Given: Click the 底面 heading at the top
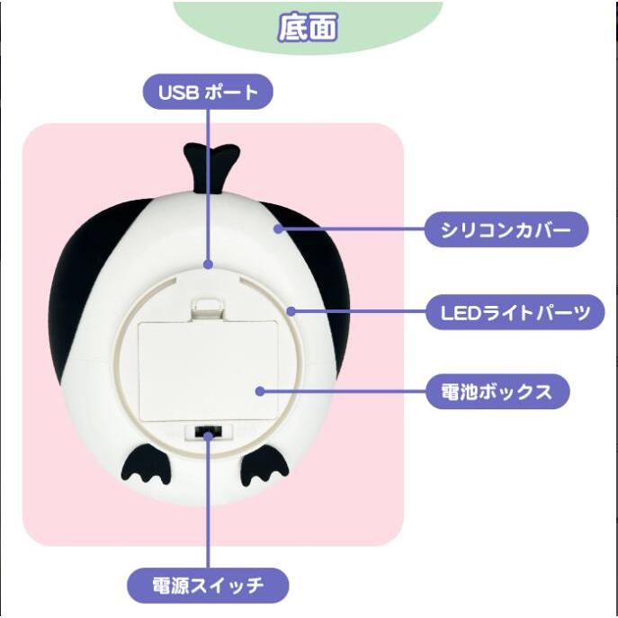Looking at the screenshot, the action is tap(308, 27).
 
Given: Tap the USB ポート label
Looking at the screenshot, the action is tap(208, 92).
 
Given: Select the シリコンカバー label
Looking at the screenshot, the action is tap(506, 229).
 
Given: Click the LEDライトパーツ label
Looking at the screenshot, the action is tap(515, 312).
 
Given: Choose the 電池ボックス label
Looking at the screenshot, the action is tap(497, 391).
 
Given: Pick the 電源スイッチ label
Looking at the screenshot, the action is tap(208, 586).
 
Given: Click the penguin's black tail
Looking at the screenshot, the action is tap(210, 167).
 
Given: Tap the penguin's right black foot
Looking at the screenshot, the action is tap(264, 469).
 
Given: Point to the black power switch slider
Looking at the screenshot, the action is tap(208, 432).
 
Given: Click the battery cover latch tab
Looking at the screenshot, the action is tap(208, 309).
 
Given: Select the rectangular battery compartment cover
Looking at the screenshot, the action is tap(208, 371).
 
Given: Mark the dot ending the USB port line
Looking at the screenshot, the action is tap(209, 264).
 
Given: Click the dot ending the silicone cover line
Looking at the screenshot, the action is tap(279, 228).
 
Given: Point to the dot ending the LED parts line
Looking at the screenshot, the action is tap(291, 311).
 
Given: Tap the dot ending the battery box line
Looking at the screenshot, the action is tap(260, 391).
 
